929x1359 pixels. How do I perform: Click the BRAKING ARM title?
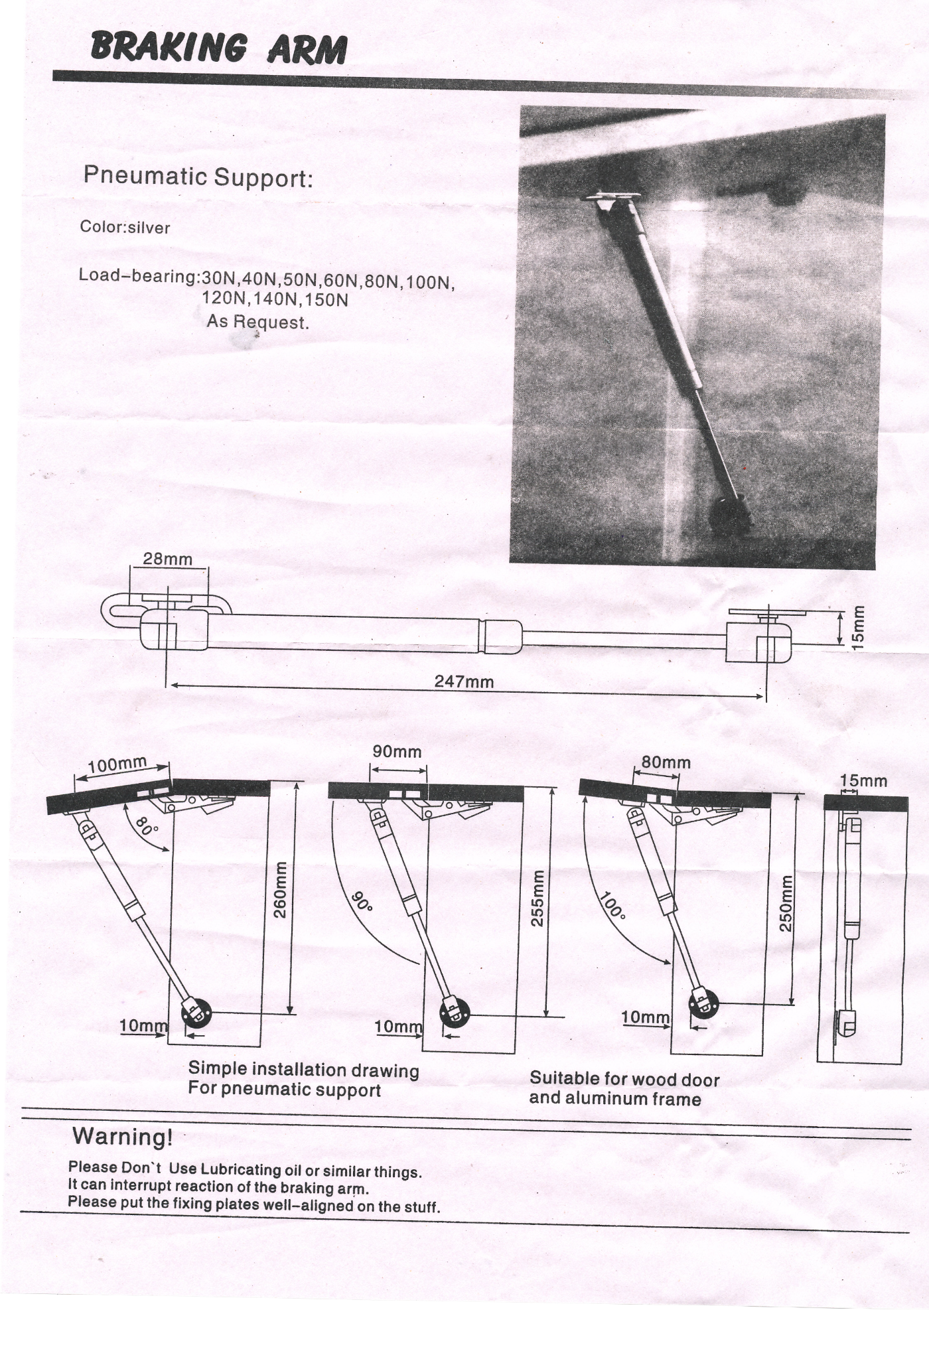[218, 48]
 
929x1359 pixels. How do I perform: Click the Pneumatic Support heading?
[198, 177]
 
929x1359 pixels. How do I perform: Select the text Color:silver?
[125, 228]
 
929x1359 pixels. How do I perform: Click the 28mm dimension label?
[168, 559]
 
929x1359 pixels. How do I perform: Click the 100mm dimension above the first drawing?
[117, 764]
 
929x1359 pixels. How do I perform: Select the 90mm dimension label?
[397, 752]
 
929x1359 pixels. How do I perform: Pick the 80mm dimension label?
[666, 762]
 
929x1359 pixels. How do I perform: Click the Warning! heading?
[123, 1137]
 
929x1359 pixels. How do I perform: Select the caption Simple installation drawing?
[304, 1070]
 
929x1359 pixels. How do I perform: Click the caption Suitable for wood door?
[624, 1079]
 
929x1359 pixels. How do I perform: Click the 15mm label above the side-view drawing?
[863, 780]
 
